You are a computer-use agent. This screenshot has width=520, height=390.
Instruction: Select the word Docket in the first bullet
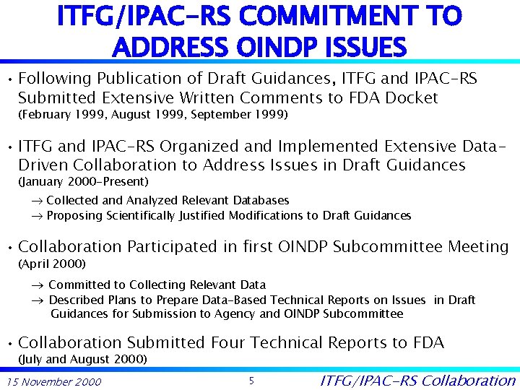pos(412,97)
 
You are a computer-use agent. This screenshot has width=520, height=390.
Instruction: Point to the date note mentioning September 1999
pos(152,114)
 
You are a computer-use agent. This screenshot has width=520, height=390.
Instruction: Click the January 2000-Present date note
pos(82,181)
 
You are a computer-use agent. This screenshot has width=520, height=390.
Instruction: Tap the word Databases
pos(259,200)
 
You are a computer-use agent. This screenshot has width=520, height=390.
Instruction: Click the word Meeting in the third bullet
pos(478,247)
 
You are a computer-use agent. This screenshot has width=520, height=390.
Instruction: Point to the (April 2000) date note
pos(51,264)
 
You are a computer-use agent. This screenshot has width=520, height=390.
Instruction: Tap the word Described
pos(75,300)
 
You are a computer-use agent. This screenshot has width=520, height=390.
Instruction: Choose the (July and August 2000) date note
pos(82,359)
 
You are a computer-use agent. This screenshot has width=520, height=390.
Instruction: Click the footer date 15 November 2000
pos(53,381)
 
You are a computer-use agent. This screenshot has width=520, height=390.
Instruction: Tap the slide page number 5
pos(251,380)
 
